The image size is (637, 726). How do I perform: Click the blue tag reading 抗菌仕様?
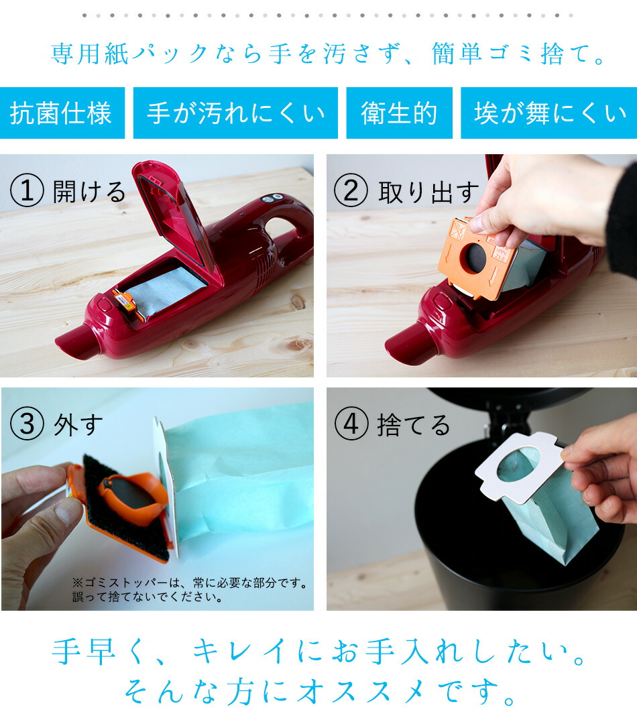coord(62,113)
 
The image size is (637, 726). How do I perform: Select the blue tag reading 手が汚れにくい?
coord(235,113)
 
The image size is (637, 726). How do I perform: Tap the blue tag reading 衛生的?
coord(399,113)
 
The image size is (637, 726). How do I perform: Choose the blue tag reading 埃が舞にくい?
coord(548,113)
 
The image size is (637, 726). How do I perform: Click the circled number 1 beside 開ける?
coord(27,191)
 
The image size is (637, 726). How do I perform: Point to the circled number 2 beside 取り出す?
coord(351,191)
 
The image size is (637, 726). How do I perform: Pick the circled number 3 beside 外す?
coord(27,424)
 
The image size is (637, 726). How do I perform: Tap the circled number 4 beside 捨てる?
coord(351,424)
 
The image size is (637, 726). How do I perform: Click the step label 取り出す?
coord(429,192)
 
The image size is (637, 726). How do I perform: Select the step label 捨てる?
coord(414,425)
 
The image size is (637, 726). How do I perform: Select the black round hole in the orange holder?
coord(476,258)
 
